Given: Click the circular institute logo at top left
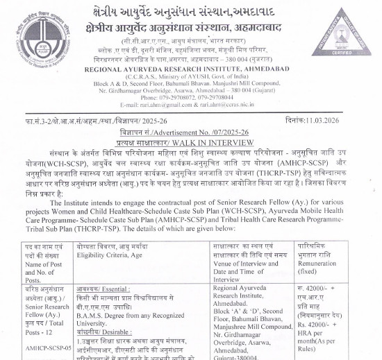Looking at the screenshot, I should [x=35, y=32].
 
